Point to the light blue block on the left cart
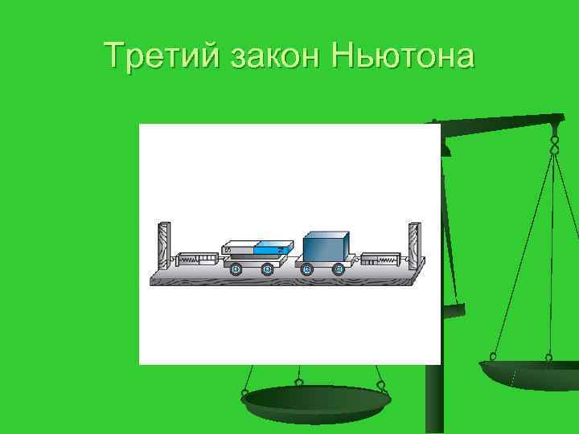pyautogui.click(x=271, y=248)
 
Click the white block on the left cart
pyautogui.click(x=239, y=248)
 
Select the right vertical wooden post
pyautogui.click(x=414, y=245)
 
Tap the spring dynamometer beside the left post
pyautogui.click(x=195, y=260)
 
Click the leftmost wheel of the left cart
pyautogui.click(x=236, y=269)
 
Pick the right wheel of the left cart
pyautogui.click(x=268, y=269)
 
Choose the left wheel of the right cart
pyautogui.click(x=306, y=269)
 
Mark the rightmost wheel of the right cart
pyautogui.click(x=338, y=269)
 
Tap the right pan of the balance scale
pyautogui.click(x=528, y=375)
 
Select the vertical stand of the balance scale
pyautogui.click(x=434, y=402)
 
